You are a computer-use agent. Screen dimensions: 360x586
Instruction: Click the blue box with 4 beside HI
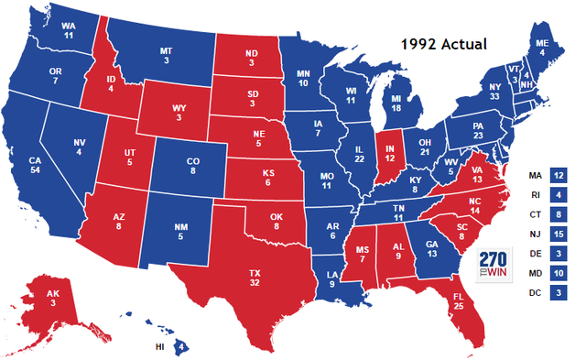pyautogui.click(x=181, y=347)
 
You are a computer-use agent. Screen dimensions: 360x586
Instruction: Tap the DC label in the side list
pyautogui.click(x=535, y=293)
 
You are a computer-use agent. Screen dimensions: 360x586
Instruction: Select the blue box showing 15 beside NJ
pyautogui.click(x=559, y=234)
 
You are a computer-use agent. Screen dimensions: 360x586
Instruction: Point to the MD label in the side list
pyautogui.click(x=535, y=273)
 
